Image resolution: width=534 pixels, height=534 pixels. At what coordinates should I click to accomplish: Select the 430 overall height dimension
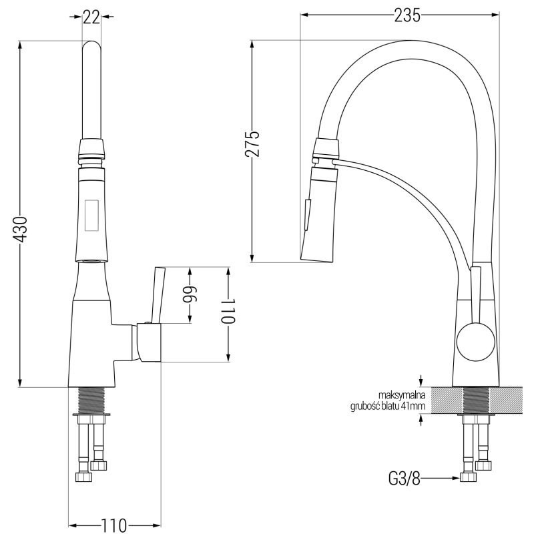click(x=21, y=229)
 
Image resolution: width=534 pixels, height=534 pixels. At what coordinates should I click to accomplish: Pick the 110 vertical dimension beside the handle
click(x=228, y=311)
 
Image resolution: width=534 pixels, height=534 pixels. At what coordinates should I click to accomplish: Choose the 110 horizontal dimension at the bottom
click(x=115, y=524)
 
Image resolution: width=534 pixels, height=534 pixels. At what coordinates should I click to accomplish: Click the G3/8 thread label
click(x=405, y=478)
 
